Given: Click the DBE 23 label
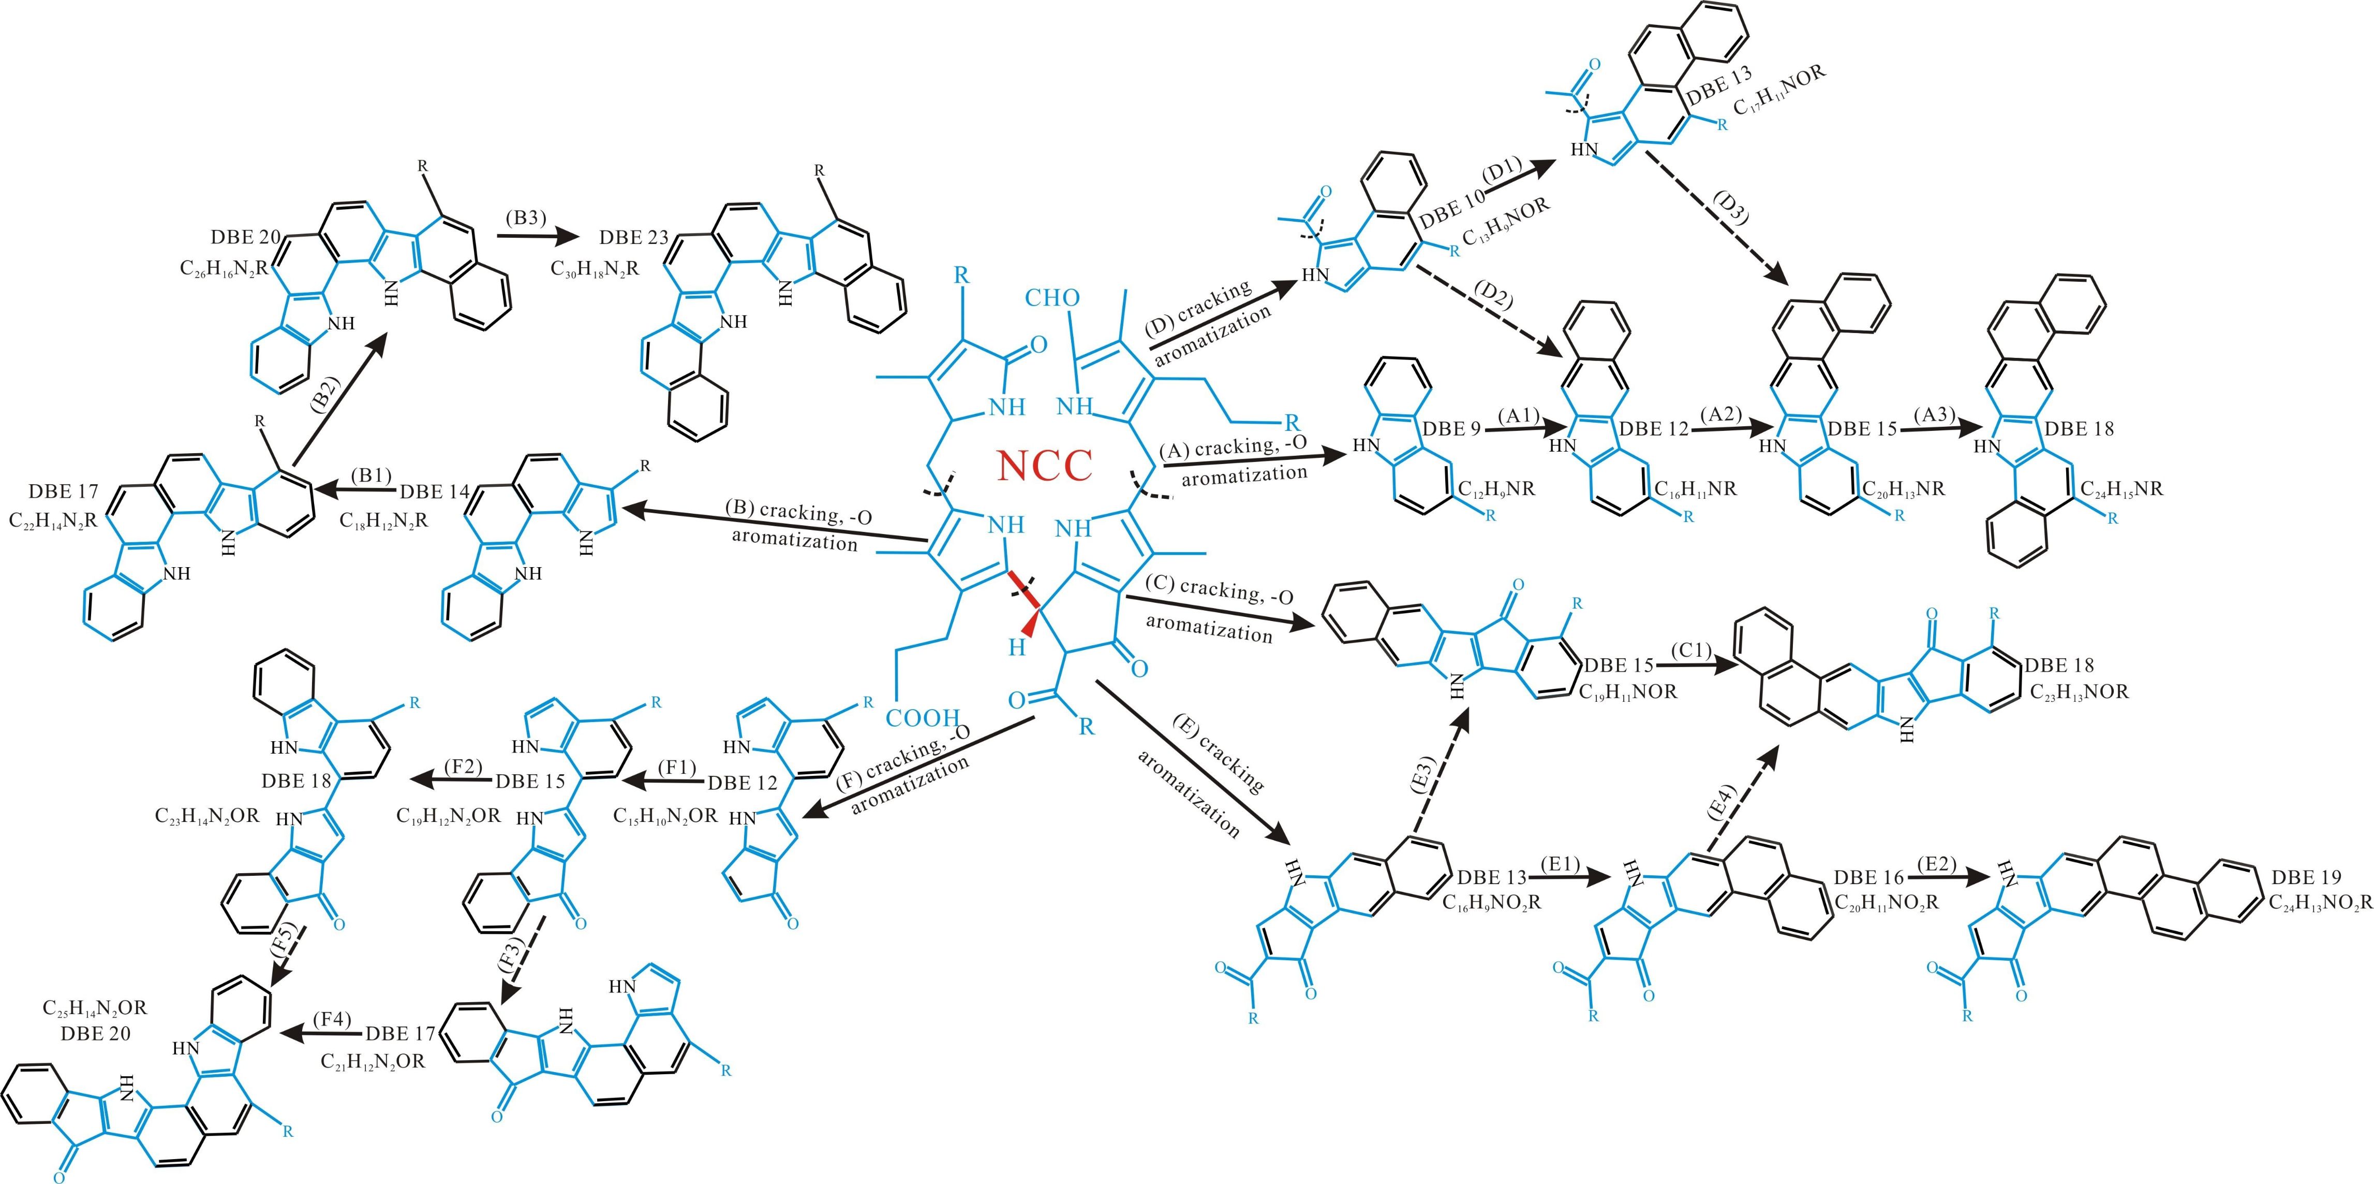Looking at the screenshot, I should tap(633, 237).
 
